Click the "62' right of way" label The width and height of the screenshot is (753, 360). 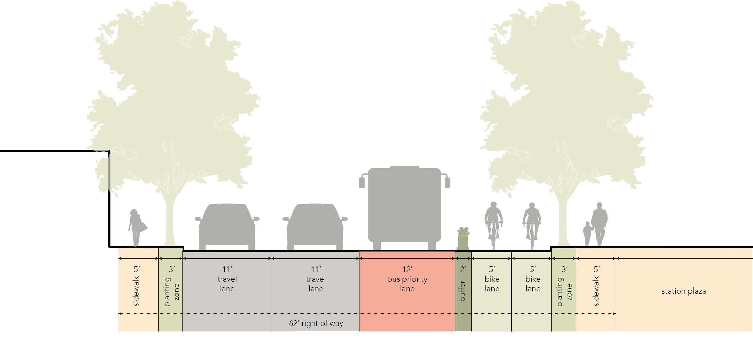(x=316, y=323)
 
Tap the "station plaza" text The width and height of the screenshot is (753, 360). (x=683, y=291)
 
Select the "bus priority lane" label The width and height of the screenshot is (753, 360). (x=407, y=284)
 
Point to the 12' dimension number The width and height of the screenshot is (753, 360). (x=407, y=269)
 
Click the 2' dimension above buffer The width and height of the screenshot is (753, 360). (x=463, y=269)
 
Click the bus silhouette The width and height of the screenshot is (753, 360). (x=404, y=205)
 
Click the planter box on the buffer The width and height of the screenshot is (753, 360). (x=463, y=239)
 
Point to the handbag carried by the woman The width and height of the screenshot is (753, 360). (x=143, y=227)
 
